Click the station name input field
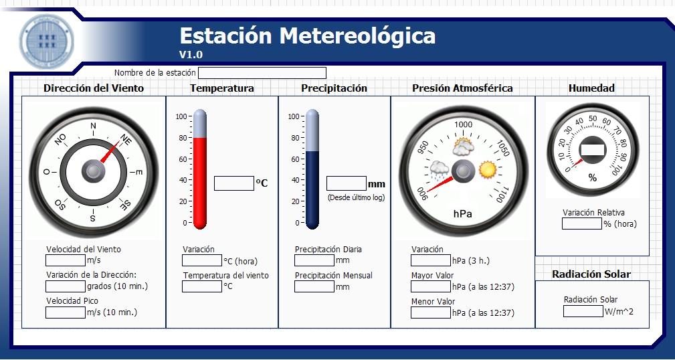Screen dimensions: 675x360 pyautogui.click(x=262, y=73)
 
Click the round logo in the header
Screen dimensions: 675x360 pyautogui.click(x=46, y=41)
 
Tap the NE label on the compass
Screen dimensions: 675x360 pyautogui.click(x=125, y=140)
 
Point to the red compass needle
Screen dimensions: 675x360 pyautogui.click(x=110, y=152)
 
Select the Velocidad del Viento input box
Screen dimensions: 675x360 pyautogui.click(x=66, y=260)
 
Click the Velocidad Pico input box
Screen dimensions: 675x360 pyautogui.click(x=66, y=312)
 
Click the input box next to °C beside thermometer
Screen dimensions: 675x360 pyautogui.click(x=234, y=183)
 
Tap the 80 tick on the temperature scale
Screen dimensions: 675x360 pyautogui.click(x=183, y=138)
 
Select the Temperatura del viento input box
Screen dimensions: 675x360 pyautogui.click(x=202, y=286)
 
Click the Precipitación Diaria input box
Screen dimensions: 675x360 pyautogui.click(x=314, y=260)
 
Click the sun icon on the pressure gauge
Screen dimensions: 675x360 pyautogui.click(x=488, y=170)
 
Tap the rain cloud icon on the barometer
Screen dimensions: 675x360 pyautogui.click(x=439, y=171)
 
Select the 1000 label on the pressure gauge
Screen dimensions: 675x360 pyautogui.click(x=463, y=124)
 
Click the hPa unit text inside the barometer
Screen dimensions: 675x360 pyautogui.click(x=463, y=214)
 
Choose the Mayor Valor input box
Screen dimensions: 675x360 pyautogui.click(x=430, y=286)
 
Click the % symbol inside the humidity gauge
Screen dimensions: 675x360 pyautogui.click(x=593, y=177)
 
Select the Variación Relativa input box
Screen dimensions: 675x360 pyautogui.click(x=581, y=223)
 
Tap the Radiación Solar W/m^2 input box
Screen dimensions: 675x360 pyautogui.click(x=583, y=311)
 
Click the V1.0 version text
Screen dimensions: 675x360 pyautogui.click(x=191, y=55)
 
